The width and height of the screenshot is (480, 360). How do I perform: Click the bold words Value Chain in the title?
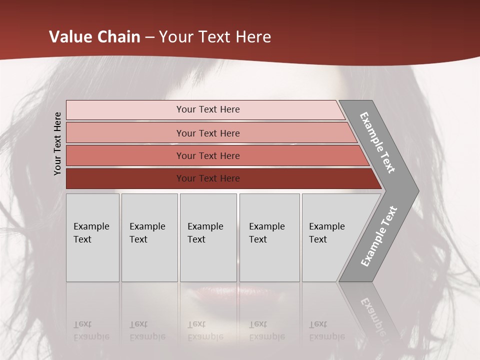(x=94, y=37)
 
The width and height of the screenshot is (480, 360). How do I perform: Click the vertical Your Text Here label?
(x=57, y=143)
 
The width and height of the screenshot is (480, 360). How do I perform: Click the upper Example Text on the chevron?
(x=377, y=142)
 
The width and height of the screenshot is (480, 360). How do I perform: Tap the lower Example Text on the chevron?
(x=378, y=236)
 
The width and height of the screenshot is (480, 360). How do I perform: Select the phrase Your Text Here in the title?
(x=215, y=37)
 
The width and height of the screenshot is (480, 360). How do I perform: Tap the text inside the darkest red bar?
(x=208, y=178)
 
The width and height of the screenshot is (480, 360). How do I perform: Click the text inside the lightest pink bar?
(x=208, y=109)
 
